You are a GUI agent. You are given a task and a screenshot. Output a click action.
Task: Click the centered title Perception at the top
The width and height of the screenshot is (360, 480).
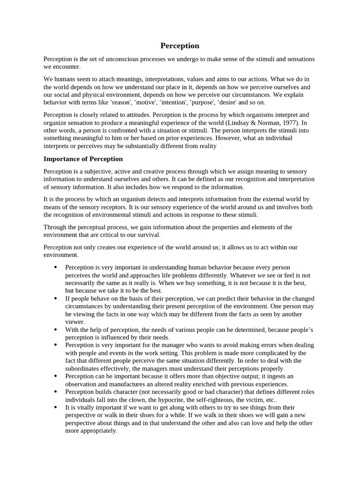tap(180, 45)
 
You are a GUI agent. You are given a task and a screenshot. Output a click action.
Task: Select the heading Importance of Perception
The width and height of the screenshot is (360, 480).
tap(83, 159)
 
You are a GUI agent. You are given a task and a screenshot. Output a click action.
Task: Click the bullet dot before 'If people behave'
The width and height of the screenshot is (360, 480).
tap(55, 299)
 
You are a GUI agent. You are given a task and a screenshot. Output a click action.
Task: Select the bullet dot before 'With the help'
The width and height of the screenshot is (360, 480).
tap(55, 330)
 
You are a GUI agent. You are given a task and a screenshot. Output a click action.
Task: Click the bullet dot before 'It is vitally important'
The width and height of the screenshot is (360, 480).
tap(55, 407)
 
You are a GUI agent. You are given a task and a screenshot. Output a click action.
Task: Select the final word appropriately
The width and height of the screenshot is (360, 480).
tap(99, 430)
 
